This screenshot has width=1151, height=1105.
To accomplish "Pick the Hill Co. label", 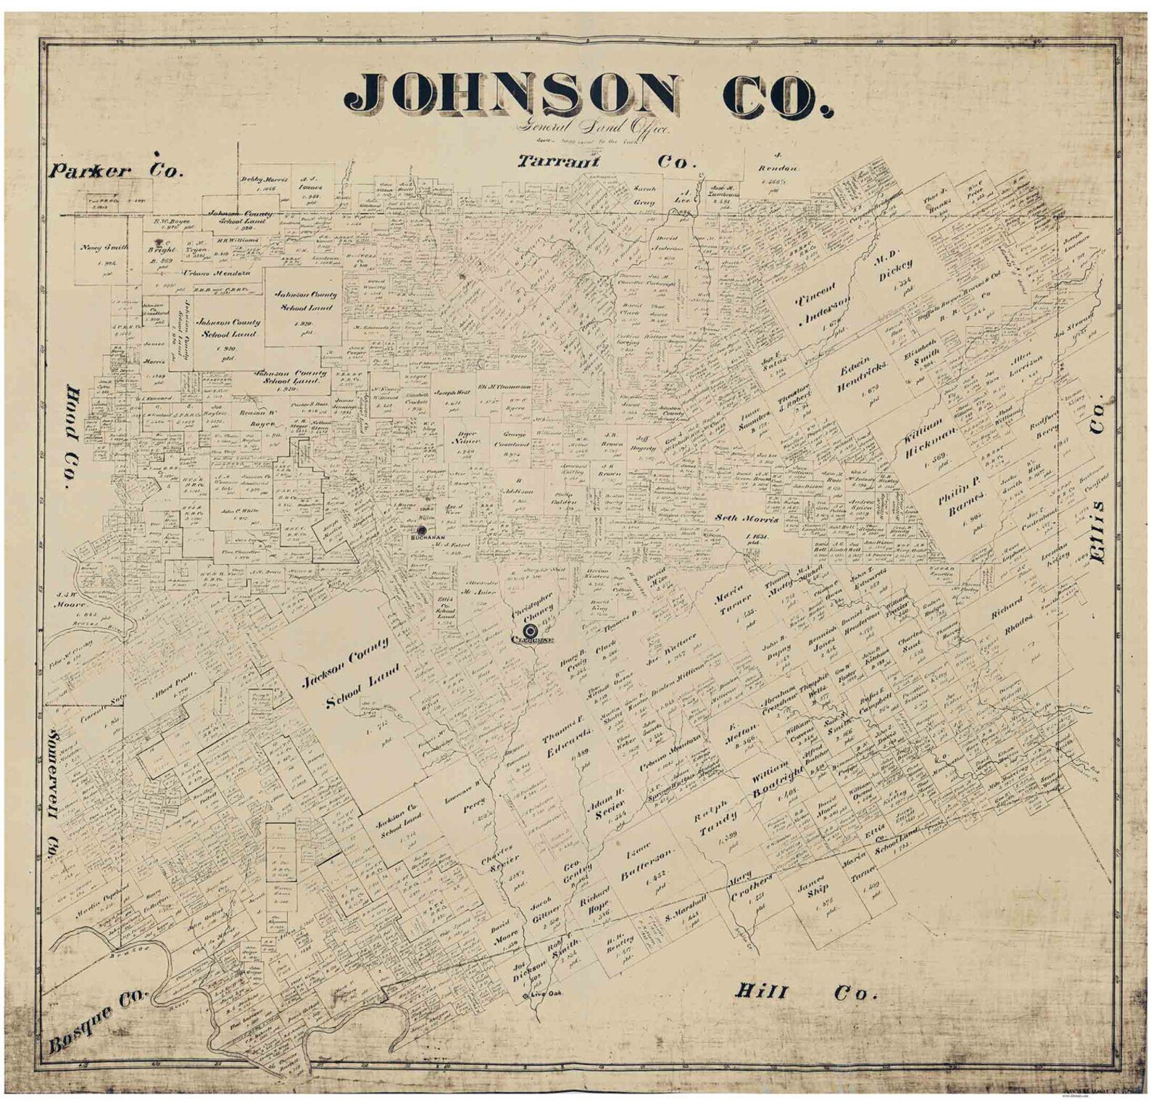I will [805, 992].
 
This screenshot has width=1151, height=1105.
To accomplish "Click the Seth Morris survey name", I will [747, 519].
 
